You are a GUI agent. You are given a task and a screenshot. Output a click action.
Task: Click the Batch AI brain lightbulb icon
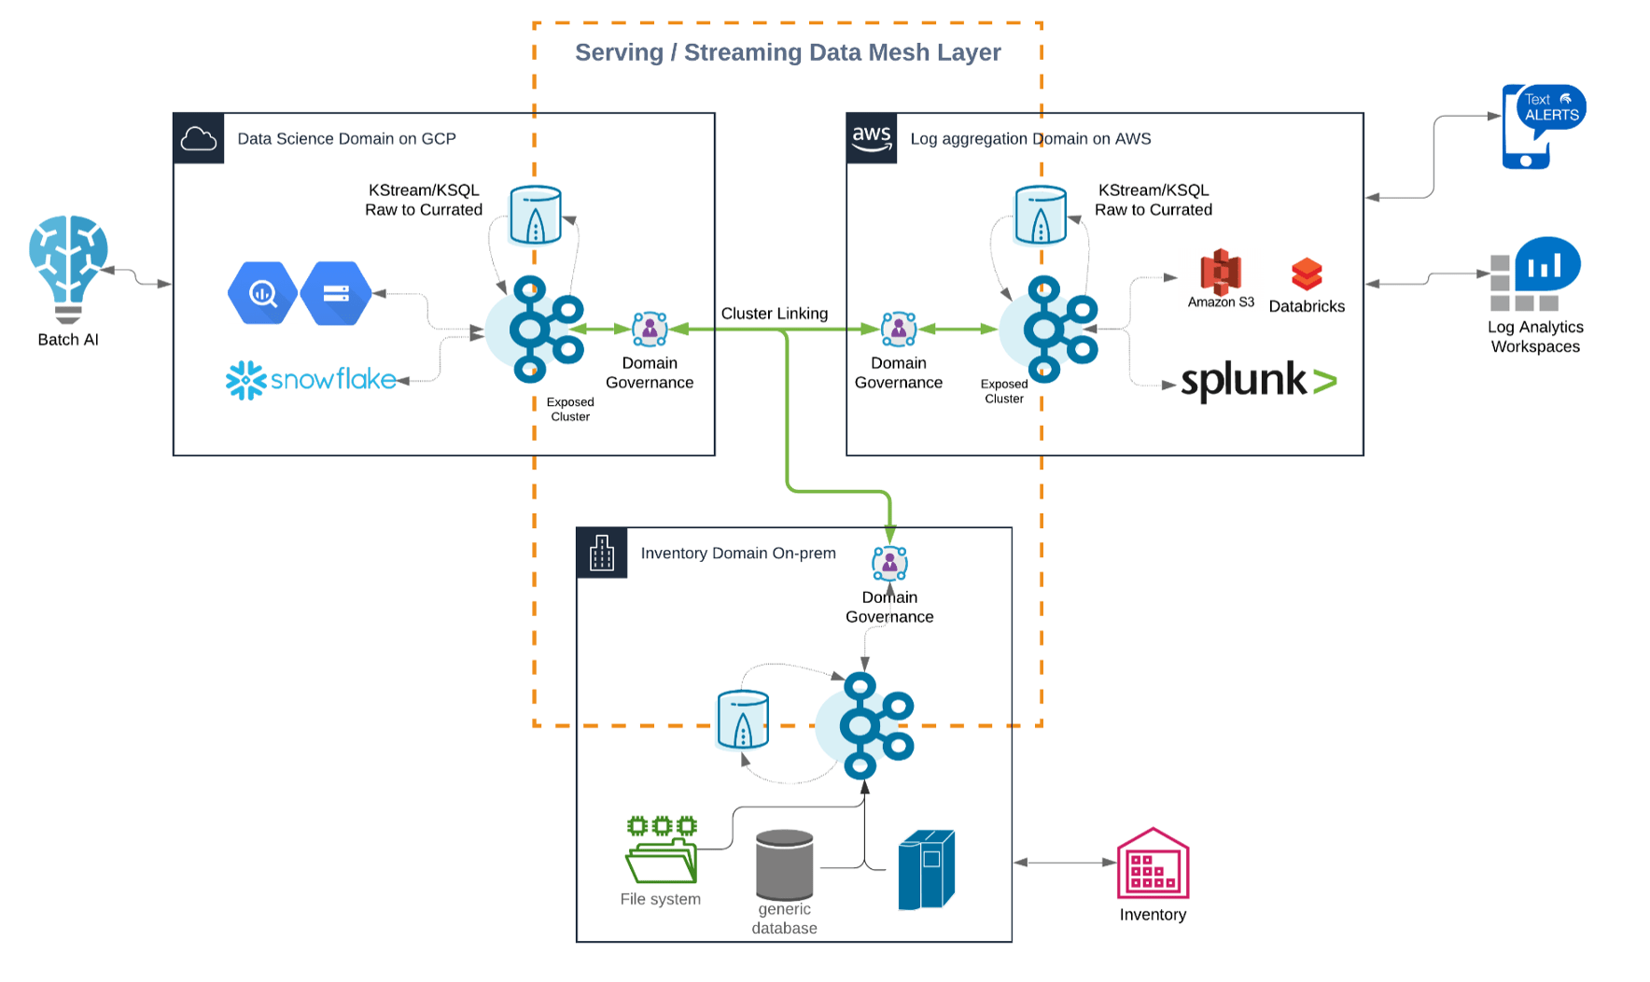point(68,267)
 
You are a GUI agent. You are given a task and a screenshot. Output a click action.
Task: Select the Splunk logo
point(1258,381)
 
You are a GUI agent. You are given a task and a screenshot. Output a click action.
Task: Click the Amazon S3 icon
point(1220,273)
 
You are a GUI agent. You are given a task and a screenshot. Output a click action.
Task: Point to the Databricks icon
point(1307,274)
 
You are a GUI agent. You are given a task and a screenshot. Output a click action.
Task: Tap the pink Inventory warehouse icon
point(1153,863)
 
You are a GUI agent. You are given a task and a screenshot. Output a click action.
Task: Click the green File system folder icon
point(662,849)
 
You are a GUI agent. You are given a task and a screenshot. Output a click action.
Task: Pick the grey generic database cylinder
point(784,865)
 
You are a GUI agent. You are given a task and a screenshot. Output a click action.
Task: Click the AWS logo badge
point(872,138)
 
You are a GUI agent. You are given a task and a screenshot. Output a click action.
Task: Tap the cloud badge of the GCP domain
point(199,138)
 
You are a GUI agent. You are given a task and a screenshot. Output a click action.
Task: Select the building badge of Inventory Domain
point(602,553)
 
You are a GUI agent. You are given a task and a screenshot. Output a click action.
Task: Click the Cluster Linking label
point(774,314)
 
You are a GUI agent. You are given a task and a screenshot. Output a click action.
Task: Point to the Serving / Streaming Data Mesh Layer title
point(788,52)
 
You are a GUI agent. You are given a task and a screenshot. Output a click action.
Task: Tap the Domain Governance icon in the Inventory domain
point(889,563)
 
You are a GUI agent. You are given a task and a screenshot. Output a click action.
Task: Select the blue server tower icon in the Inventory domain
point(926,869)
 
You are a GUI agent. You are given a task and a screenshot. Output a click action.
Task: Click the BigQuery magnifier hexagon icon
point(262,293)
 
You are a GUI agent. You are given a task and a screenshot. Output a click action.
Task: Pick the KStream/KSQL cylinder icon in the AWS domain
point(1041,215)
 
